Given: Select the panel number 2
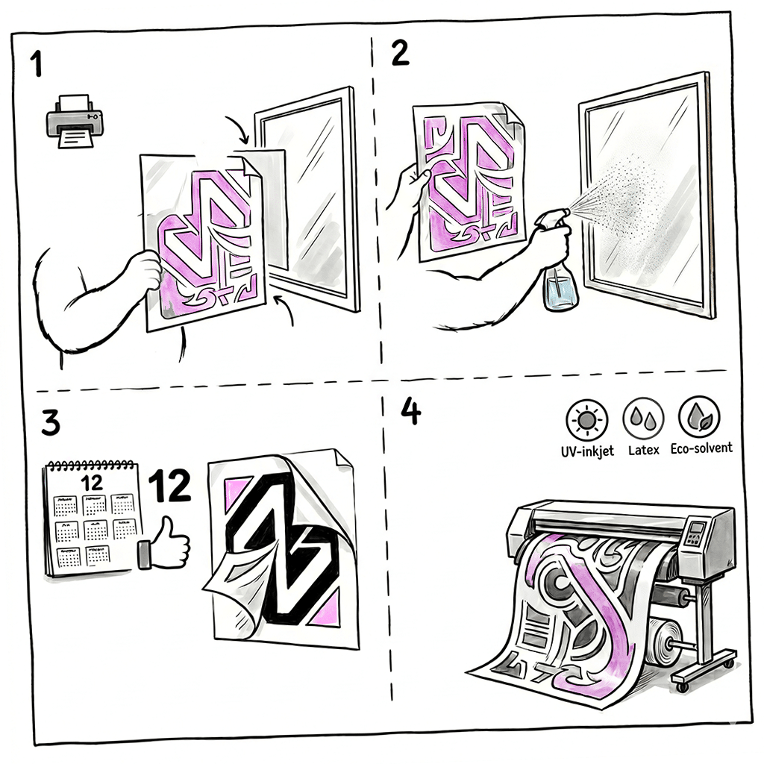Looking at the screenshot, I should click(x=401, y=53).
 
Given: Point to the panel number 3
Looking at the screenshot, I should click(x=50, y=422).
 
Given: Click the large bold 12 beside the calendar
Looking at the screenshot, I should click(x=169, y=486).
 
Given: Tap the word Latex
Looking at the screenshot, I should click(x=643, y=450).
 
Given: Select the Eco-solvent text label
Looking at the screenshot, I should click(x=701, y=448).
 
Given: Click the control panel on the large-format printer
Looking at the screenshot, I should click(x=698, y=536).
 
